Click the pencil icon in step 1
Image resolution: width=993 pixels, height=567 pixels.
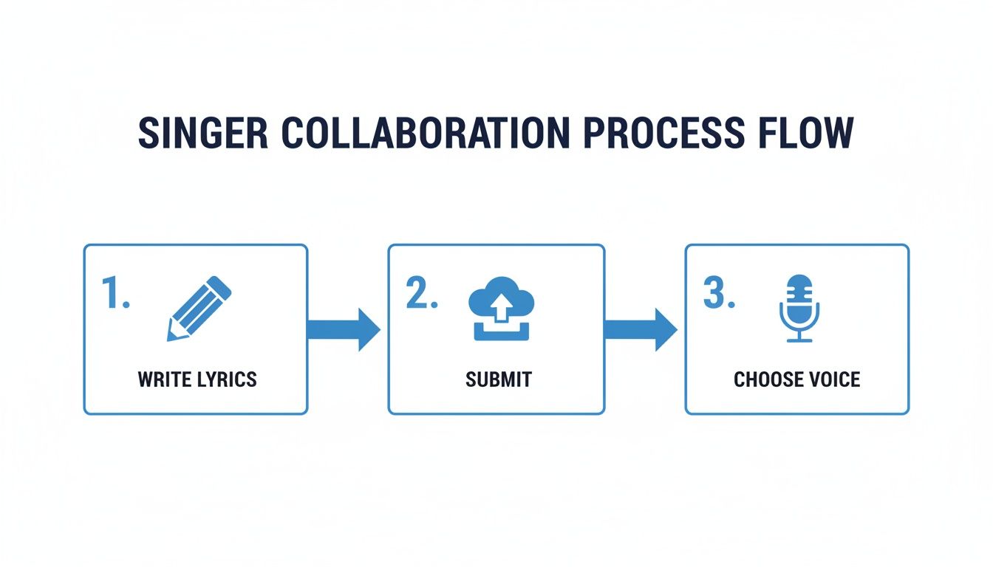[x=199, y=309]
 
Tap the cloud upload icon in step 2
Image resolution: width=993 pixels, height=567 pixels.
[x=502, y=308]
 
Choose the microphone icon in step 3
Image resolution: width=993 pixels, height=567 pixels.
[x=799, y=309]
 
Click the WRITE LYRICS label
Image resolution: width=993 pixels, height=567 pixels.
[x=197, y=379]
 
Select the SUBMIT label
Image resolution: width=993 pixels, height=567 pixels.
[x=499, y=379]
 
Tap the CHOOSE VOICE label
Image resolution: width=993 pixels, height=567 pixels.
[x=796, y=379]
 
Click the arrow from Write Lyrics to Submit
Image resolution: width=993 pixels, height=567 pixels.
[x=344, y=329]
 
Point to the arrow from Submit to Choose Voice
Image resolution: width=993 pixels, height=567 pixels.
[x=641, y=329]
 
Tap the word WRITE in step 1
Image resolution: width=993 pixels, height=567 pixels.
[x=163, y=379]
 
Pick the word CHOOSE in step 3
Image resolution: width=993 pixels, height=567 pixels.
[x=765, y=379]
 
